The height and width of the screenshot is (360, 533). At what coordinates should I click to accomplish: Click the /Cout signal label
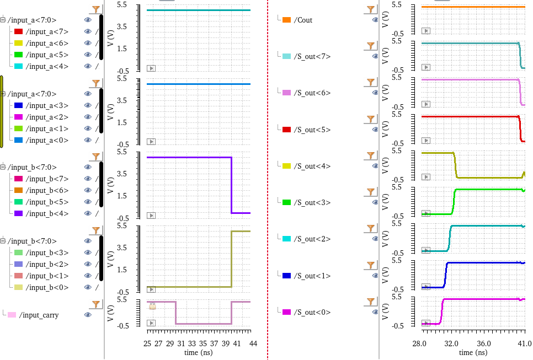[x=303, y=20]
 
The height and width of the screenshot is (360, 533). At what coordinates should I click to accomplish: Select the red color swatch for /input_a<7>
[x=19, y=31]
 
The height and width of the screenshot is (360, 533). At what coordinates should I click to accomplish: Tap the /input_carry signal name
[x=39, y=315]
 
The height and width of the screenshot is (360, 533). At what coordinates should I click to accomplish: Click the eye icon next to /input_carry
[x=88, y=315]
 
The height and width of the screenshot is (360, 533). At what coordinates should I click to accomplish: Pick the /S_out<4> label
[x=312, y=166]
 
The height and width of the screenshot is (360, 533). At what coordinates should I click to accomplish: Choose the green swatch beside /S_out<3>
[x=286, y=202]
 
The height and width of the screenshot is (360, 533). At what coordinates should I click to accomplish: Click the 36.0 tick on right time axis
[x=484, y=343]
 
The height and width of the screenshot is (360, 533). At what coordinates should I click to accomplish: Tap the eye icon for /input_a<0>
[x=88, y=140]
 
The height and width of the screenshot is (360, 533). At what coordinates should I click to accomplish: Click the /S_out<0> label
[x=312, y=312]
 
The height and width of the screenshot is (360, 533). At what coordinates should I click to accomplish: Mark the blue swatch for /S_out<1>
[x=286, y=276]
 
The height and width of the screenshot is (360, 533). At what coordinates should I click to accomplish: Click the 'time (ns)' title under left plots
[x=199, y=352]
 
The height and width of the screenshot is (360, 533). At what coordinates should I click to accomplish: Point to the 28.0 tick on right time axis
[x=420, y=343]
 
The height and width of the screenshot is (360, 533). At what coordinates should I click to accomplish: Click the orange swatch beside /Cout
[x=286, y=20]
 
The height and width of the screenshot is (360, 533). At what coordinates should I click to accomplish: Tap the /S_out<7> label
[x=312, y=56]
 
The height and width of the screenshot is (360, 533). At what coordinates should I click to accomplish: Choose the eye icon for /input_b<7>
[x=88, y=179]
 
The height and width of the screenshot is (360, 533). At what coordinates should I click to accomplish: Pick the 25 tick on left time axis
[x=147, y=343]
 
